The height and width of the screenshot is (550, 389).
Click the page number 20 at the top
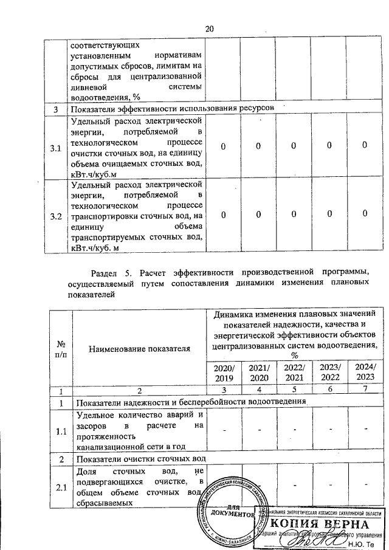pyautogui.click(x=210, y=29)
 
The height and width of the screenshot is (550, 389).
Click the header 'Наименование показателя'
pyautogui.click(x=139, y=348)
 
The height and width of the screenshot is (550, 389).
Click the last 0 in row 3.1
pyautogui.click(x=365, y=146)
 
